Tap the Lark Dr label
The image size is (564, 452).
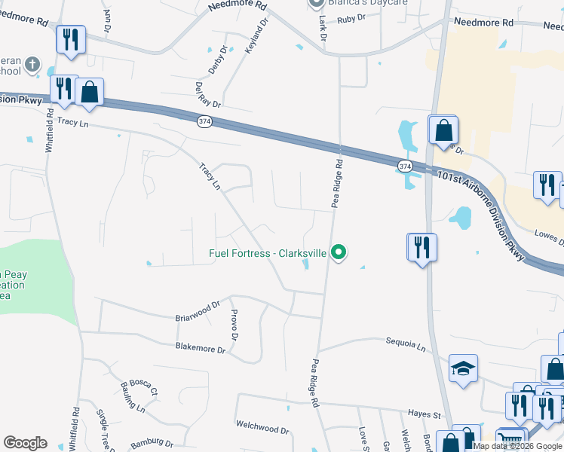323,26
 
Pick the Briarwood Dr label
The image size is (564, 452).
197,306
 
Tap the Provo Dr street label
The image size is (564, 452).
234,325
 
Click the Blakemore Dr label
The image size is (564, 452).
200,349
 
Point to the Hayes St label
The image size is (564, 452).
425,414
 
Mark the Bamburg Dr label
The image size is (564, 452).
152,444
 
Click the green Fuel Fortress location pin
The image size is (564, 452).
339,252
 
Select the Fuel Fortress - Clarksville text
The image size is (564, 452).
267,253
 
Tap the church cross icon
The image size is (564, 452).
32,65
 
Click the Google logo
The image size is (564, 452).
25,443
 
